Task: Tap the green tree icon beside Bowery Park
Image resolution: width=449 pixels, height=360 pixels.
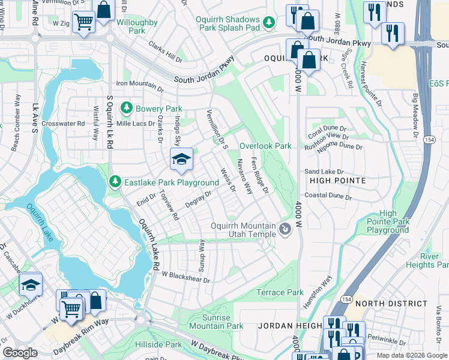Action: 127,108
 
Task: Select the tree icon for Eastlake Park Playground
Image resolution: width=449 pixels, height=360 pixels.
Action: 115,182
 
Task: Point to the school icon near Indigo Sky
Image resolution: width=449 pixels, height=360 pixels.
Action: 181,159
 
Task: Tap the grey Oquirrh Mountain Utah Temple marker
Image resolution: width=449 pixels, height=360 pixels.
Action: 285,229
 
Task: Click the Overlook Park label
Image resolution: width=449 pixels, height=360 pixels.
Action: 265,146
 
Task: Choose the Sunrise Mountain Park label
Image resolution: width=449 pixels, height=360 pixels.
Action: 216,321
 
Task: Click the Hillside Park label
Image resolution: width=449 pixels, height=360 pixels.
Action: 164,345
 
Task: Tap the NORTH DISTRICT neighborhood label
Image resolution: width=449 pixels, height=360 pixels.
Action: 384,304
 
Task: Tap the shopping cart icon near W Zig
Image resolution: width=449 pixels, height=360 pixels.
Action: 85,22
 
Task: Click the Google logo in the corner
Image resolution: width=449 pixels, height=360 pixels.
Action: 20,353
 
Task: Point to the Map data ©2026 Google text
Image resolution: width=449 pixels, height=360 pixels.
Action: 411,355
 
